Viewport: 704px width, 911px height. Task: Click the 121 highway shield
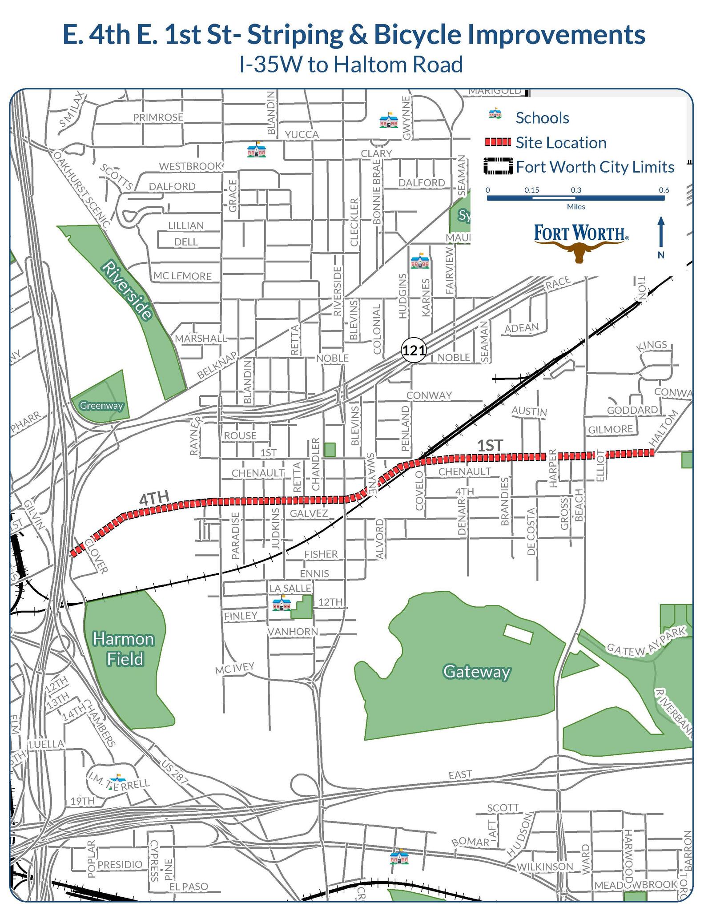(x=414, y=351)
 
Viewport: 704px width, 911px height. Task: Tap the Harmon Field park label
(x=124, y=649)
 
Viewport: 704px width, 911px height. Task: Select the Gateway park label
(x=476, y=672)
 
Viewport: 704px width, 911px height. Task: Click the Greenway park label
(x=101, y=406)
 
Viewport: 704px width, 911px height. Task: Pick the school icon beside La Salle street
(x=282, y=604)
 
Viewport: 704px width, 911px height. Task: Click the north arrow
(x=661, y=234)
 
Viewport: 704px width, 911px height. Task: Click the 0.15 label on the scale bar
(x=531, y=190)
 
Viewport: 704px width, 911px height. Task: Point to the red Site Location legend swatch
(x=497, y=142)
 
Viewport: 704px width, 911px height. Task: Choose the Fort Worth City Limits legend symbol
(x=498, y=166)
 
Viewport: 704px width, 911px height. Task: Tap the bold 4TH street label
(x=154, y=499)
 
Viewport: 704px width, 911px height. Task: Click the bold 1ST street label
(x=490, y=446)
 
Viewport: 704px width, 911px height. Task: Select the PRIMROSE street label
(x=158, y=117)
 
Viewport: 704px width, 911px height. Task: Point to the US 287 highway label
(x=175, y=772)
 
